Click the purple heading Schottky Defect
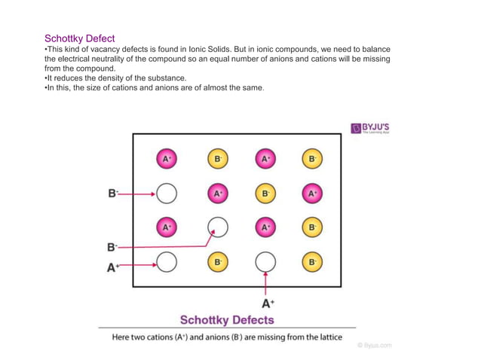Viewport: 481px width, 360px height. (80, 38)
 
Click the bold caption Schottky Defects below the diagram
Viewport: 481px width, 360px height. (226, 320)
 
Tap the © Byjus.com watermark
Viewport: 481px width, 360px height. (374, 346)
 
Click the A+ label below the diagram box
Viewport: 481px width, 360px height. (268, 304)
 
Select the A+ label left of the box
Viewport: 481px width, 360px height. (113, 267)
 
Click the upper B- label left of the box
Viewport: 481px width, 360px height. (113, 193)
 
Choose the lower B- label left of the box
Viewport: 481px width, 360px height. (113, 246)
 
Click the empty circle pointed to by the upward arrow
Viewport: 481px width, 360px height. (265, 261)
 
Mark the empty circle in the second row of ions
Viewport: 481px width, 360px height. (167, 194)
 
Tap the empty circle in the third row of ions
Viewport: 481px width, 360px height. (217, 226)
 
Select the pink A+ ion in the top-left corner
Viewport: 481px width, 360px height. (167, 159)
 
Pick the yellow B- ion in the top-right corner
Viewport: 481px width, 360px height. (312, 159)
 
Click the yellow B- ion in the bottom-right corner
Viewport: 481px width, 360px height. (312, 262)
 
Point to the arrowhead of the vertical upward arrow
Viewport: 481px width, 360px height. (265, 276)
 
